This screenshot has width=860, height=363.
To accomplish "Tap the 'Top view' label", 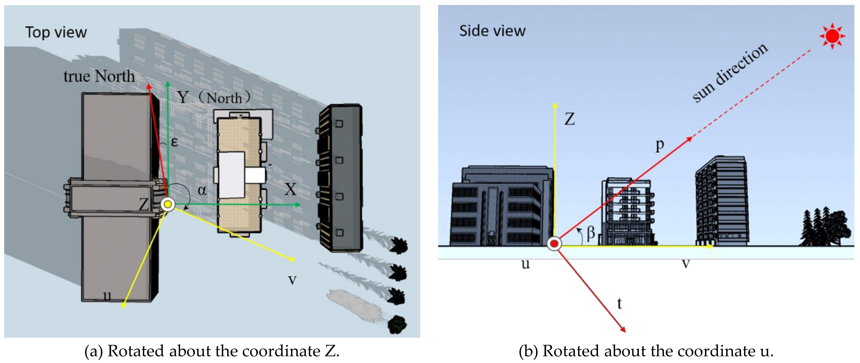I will [x=56, y=32].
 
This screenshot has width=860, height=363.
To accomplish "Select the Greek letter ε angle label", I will [x=174, y=142].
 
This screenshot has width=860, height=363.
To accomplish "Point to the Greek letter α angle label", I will [x=202, y=190].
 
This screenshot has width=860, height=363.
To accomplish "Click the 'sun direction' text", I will [x=730, y=73].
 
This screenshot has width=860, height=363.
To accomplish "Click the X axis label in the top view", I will [x=290, y=189].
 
